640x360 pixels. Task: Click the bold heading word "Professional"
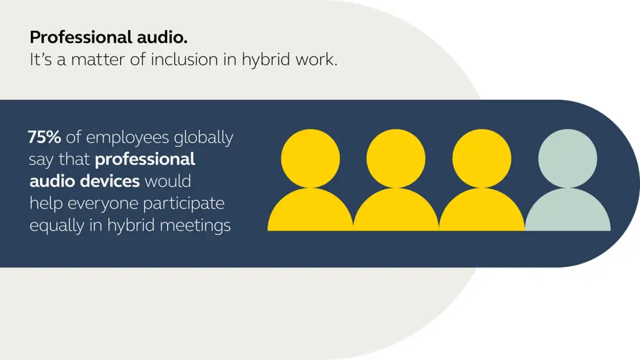81,37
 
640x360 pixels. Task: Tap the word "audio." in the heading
162,37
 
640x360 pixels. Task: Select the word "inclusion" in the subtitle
184,59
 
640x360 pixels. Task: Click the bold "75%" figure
44,137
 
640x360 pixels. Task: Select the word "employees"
127,138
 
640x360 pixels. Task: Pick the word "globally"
203,138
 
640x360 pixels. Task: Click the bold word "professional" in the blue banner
145,160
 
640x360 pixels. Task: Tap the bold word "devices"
110,181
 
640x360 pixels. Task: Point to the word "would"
167,181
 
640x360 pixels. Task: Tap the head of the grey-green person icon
567,158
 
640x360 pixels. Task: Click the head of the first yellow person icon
310,158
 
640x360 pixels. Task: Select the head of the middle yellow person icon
396,158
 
